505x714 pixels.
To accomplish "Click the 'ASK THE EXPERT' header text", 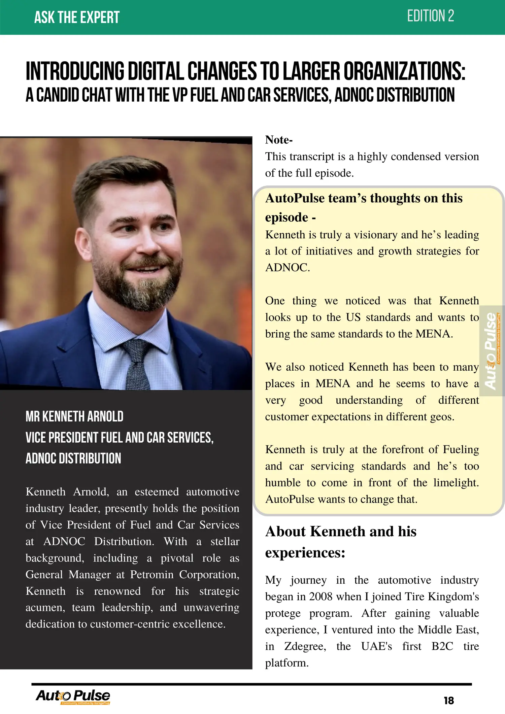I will point(77,17).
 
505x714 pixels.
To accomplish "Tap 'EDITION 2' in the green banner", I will point(430,16).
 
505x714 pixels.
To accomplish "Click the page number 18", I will point(449,701).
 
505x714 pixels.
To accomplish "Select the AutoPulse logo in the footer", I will point(73,696).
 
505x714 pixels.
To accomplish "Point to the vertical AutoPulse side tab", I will point(491,351).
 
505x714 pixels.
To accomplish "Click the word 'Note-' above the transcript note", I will point(279,140).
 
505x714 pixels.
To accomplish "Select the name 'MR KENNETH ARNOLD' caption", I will point(74,417).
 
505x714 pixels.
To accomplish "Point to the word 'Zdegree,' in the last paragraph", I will point(305,646).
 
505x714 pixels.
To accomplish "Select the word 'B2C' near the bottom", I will point(442,646).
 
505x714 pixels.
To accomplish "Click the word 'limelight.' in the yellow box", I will point(456,482).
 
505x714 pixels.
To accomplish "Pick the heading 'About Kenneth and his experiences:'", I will point(340,542).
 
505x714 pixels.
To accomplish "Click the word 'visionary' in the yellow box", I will point(371,234).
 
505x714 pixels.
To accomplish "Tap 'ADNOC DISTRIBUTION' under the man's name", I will point(73,458).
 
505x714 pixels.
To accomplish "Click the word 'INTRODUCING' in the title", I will point(75,71).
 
